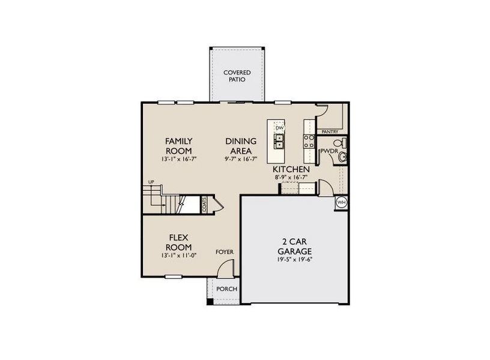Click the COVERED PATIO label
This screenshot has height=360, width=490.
237,76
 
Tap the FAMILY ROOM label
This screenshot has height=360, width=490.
179,145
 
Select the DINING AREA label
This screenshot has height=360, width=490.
241,145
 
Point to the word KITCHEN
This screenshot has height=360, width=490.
292,170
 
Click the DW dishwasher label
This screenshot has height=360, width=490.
279,128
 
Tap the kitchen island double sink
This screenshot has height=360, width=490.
279,141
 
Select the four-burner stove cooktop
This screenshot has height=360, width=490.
309,141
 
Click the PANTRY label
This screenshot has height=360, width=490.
330,131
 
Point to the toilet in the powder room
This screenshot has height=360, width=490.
340,143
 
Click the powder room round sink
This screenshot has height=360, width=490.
342,157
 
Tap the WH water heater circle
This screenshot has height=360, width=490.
341,202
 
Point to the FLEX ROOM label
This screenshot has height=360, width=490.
179,242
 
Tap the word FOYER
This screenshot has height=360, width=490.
225,252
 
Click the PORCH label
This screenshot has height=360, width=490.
227,289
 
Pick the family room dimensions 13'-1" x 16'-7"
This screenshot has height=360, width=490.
179,160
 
